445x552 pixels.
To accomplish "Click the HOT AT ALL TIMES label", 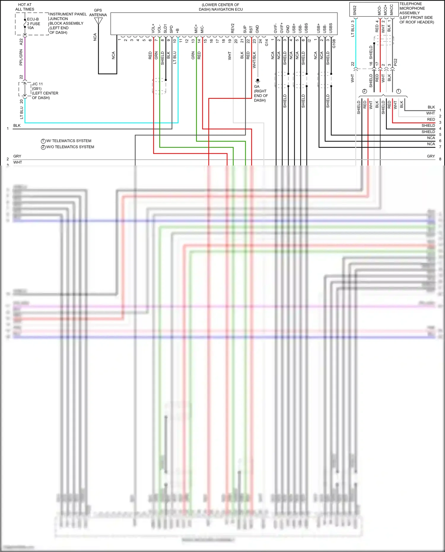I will coord(25,7).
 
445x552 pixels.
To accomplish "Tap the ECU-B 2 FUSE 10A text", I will coord(34,23).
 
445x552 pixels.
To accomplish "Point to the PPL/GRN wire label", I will coord(21,57).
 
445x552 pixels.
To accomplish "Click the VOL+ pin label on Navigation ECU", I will coord(153,28).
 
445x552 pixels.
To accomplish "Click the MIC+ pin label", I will coord(196,29).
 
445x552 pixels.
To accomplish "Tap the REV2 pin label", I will coord(233,28).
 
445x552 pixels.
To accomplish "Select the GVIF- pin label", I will coord(275,28).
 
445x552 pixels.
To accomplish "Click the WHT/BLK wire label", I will coord(254,60).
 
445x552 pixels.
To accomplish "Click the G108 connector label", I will coord(334,44).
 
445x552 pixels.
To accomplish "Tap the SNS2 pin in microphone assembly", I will coord(355,10).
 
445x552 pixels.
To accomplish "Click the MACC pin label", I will coord(391,10).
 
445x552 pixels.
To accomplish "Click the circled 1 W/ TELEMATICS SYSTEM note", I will coord(66,141).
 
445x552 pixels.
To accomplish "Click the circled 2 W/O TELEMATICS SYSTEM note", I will coord(68,147).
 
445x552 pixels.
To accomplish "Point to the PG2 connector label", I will coord(395,62).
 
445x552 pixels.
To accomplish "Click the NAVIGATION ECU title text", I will coord(220,7).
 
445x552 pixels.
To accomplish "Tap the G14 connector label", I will coord(266,42).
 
